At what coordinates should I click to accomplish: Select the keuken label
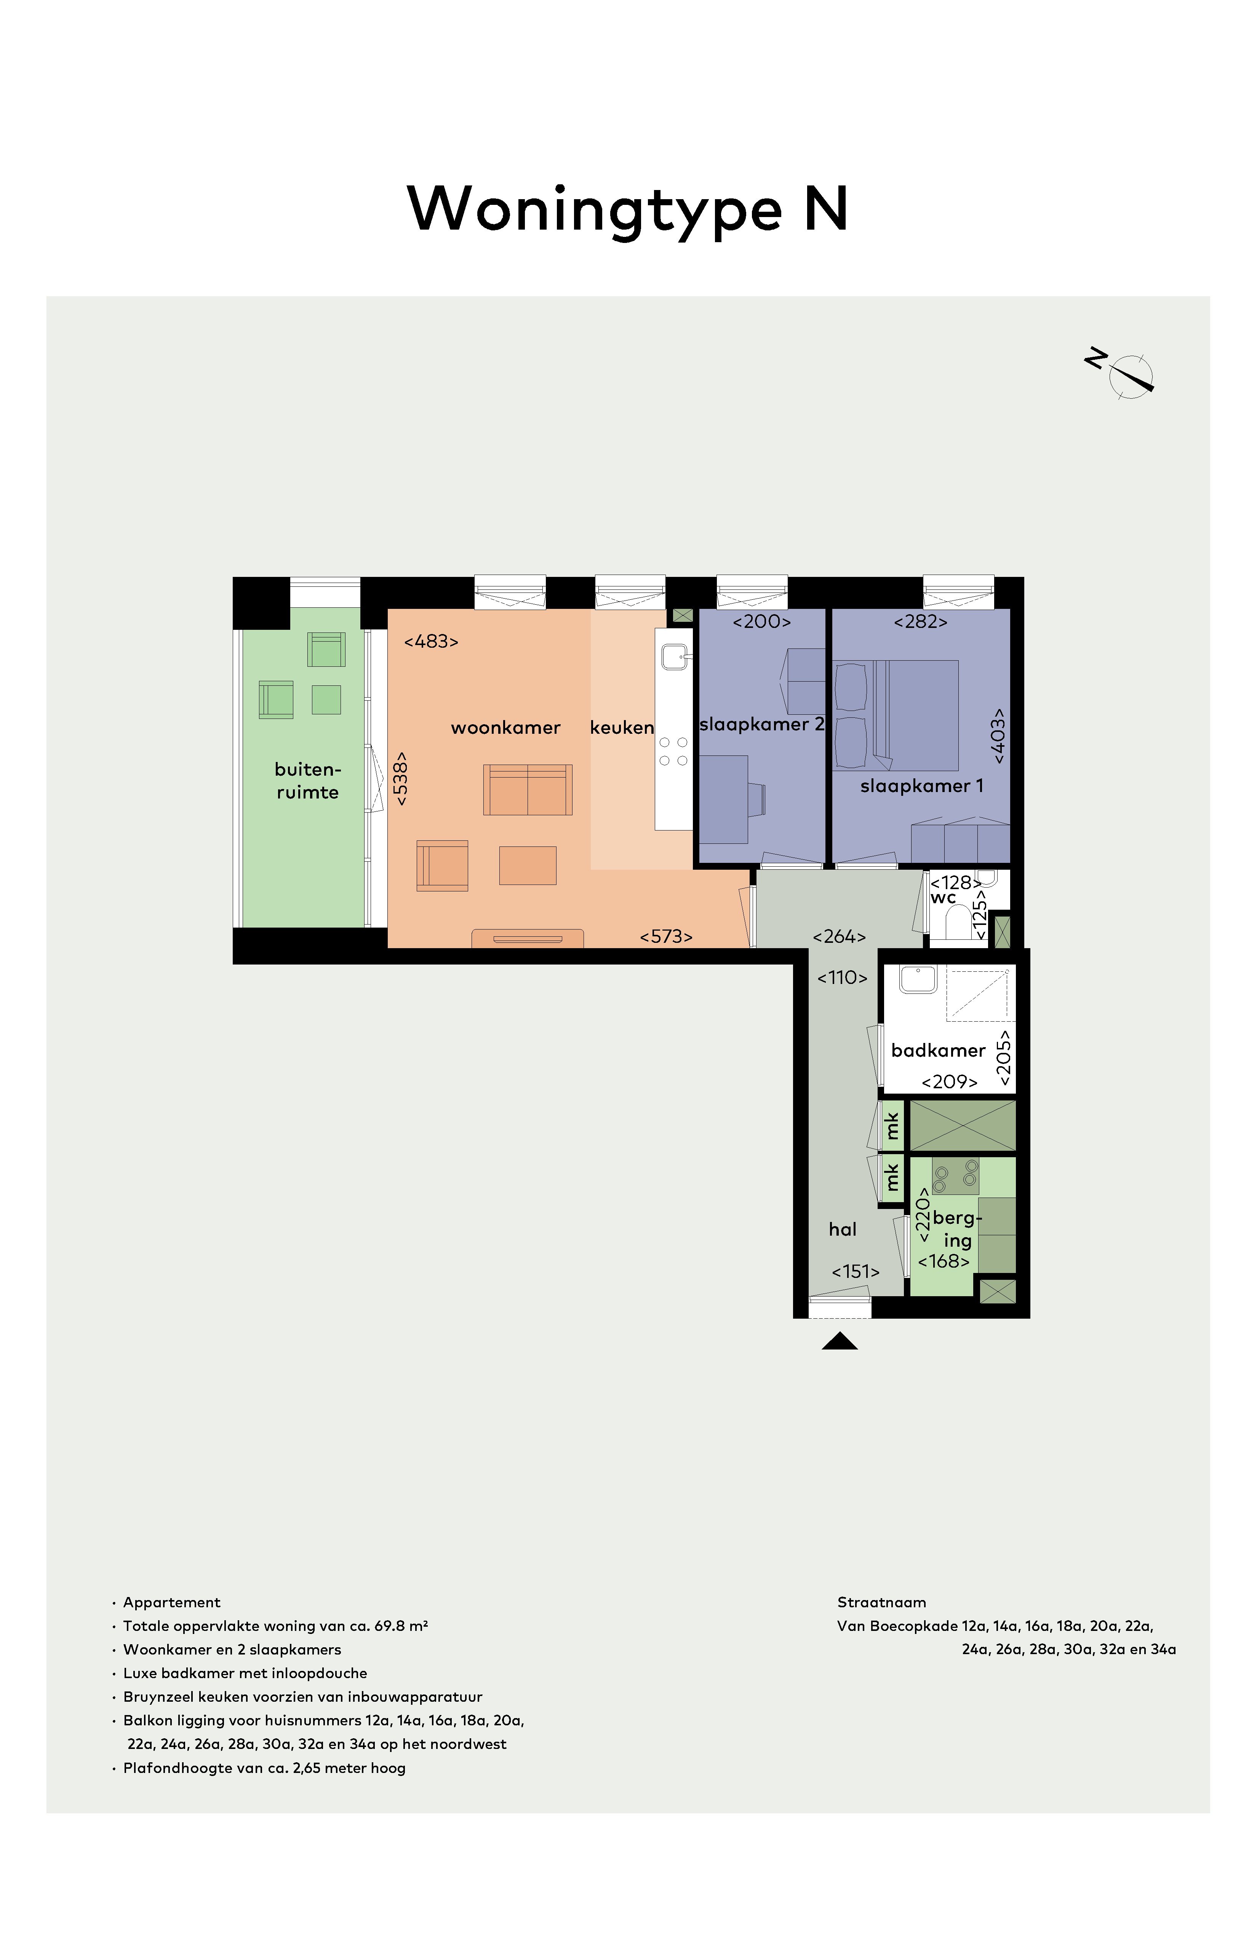622,728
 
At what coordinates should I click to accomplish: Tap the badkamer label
939,1050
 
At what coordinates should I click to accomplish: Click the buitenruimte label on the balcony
308,781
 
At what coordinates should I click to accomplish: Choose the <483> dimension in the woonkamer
431,641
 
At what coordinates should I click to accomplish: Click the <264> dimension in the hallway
839,937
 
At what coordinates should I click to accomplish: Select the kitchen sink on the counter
675,656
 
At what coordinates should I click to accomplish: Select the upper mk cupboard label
892,1126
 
